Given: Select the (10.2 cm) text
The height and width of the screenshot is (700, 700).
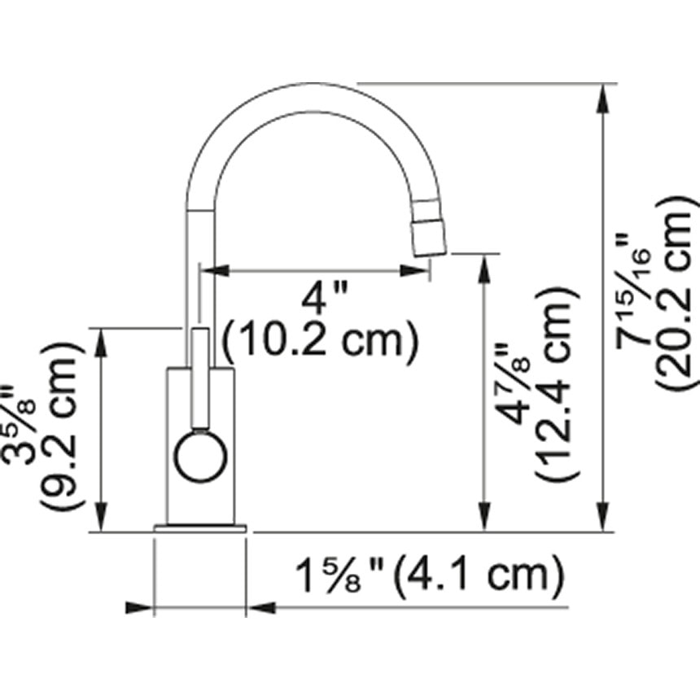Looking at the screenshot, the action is pyautogui.click(x=320, y=340).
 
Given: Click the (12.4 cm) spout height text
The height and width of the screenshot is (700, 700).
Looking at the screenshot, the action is pyautogui.click(x=557, y=383).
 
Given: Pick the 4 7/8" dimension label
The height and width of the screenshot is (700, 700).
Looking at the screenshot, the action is pyautogui.click(x=514, y=385).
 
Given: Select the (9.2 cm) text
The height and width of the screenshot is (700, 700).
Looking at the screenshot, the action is pyautogui.click(x=62, y=426).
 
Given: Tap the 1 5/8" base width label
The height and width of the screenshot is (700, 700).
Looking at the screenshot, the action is pyautogui.click(x=339, y=576).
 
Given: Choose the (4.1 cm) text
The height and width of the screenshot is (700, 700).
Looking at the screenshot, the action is pyautogui.click(x=479, y=577).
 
